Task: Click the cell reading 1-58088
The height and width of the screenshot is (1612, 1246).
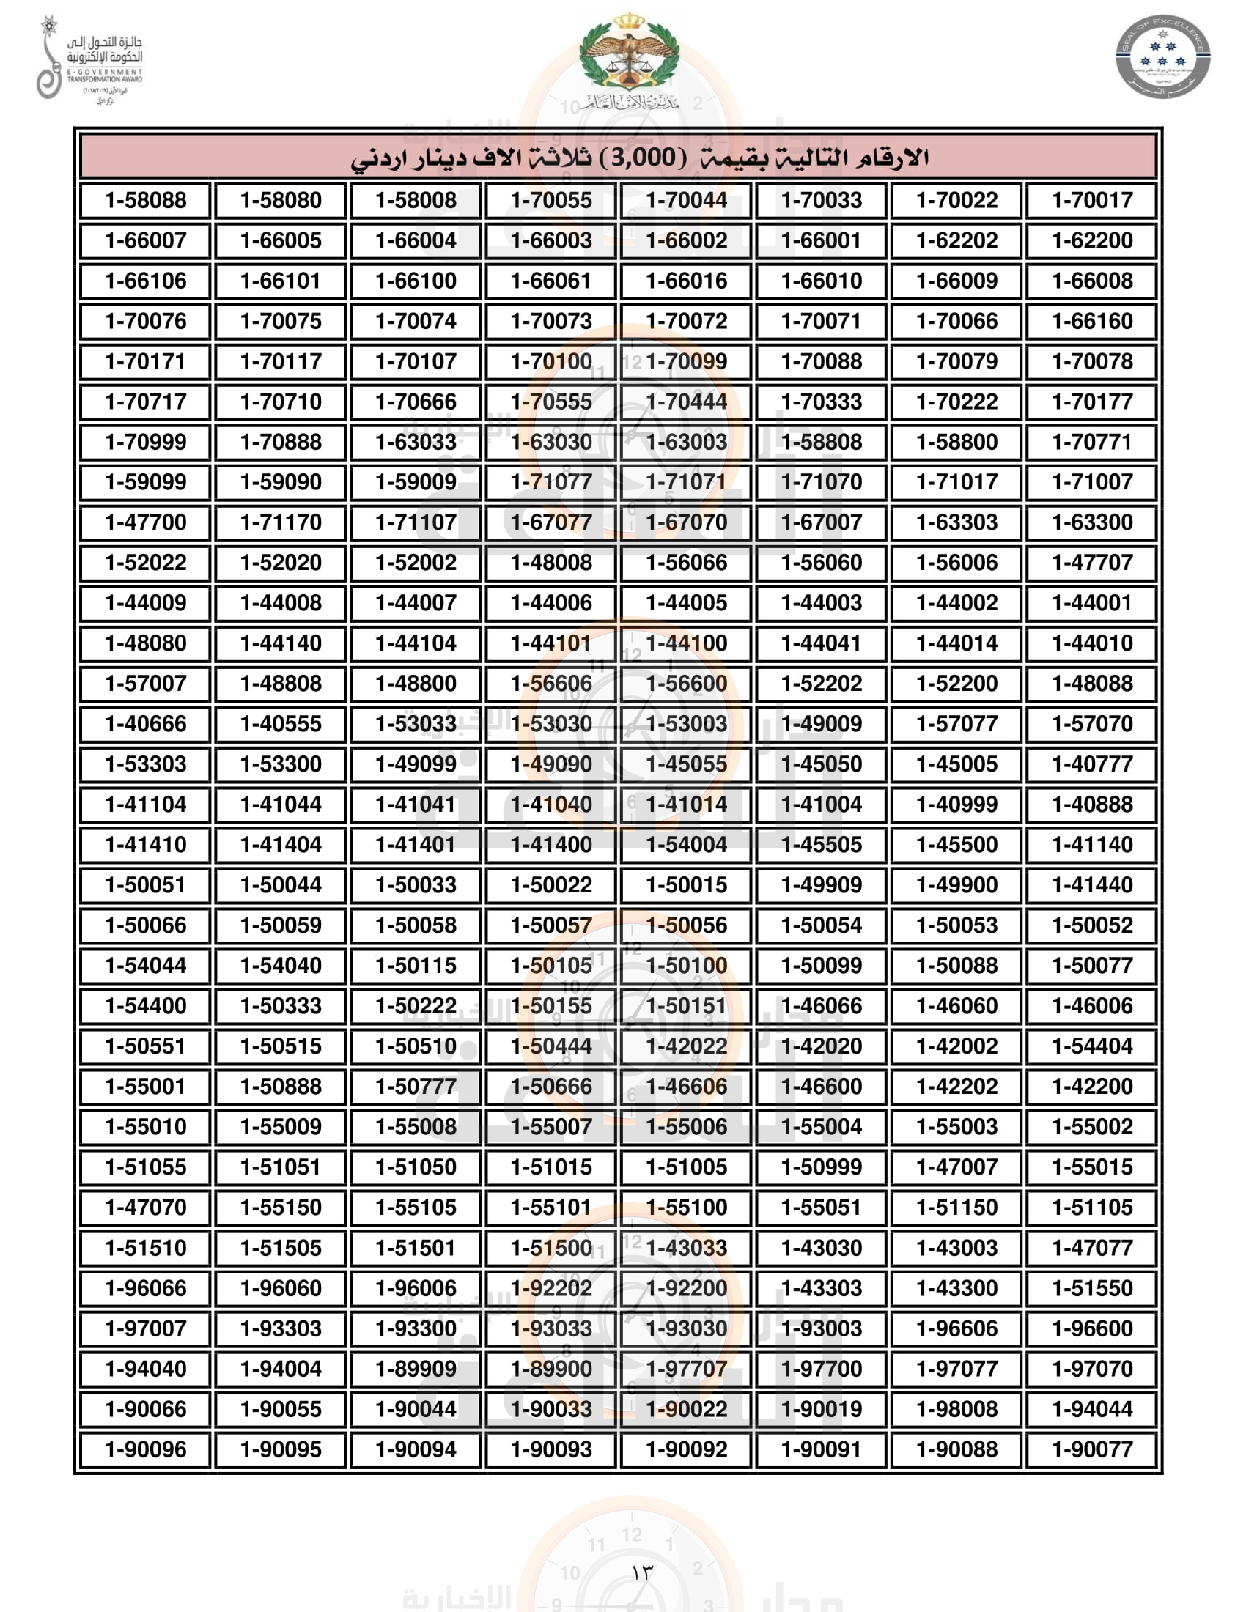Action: point(145,201)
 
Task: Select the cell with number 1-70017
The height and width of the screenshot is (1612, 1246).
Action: point(1092,201)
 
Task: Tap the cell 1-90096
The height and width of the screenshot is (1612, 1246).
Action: point(145,1449)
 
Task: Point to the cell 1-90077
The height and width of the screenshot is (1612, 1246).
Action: point(1092,1449)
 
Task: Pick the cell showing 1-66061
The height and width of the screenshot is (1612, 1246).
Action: point(550,281)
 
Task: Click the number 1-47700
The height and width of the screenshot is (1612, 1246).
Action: point(145,522)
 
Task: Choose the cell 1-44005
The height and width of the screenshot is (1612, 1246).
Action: point(687,603)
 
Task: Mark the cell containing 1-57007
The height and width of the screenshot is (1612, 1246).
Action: point(145,684)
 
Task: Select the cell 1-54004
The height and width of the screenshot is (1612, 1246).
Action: point(687,844)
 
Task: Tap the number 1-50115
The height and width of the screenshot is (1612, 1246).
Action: point(416,966)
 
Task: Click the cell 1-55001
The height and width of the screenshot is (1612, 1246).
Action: point(145,1087)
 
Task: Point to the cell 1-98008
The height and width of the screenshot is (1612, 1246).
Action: point(956,1409)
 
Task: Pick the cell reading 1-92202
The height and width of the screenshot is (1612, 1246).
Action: point(550,1288)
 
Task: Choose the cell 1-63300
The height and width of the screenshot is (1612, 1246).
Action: point(1092,522)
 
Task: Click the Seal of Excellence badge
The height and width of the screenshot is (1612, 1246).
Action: point(1162,58)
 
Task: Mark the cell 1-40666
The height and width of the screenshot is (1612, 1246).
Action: point(145,724)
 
